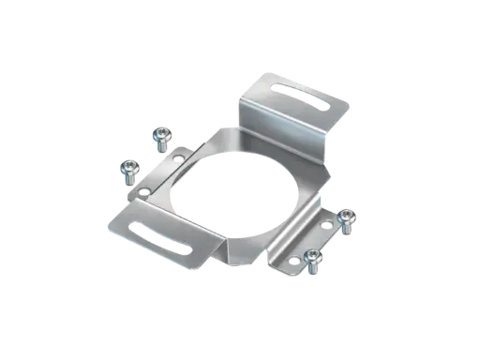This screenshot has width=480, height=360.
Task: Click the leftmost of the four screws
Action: pyautogui.click(x=127, y=171)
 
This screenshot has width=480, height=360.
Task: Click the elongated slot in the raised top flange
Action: pyautogui.click(x=292, y=89)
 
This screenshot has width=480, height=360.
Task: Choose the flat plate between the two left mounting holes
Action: pyautogui.click(x=159, y=178)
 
